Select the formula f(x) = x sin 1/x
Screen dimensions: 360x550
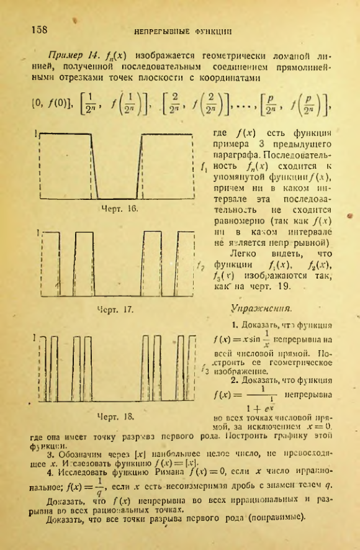[x=240, y=339]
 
